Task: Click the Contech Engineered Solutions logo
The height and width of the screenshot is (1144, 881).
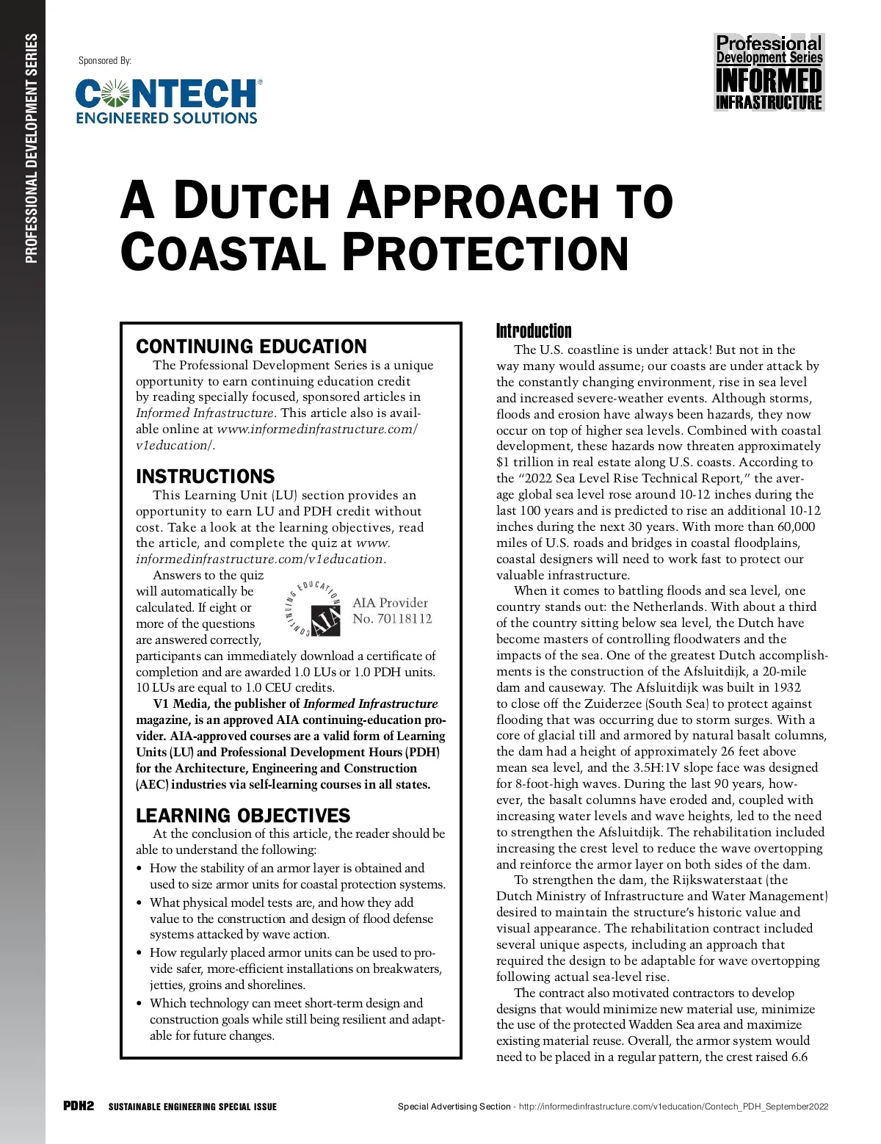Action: point(168,101)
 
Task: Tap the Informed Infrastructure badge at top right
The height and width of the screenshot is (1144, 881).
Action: point(769,73)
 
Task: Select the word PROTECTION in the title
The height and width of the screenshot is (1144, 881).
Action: point(485,253)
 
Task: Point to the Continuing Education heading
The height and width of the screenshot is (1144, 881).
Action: point(251,347)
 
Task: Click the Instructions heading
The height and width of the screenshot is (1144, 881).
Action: point(205,477)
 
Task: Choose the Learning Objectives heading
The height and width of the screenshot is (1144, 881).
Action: point(243,816)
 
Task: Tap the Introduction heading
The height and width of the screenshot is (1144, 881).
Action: point(534,330)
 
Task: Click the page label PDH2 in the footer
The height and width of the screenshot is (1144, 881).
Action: point(79,1107)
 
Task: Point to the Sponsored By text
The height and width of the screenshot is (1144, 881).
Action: point(105,61)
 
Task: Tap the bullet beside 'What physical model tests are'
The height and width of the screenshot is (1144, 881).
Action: point(139,903)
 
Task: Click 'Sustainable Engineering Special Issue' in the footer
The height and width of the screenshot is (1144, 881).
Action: point(192,1107)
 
